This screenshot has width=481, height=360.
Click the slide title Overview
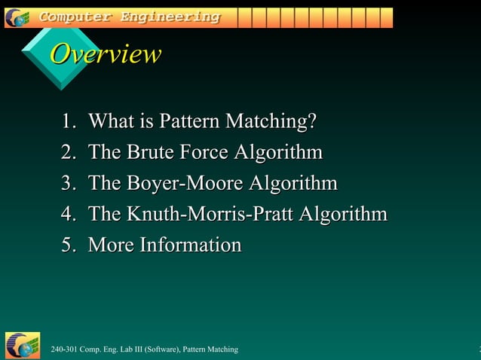pos(106,54)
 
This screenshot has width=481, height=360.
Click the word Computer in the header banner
pos(73,17)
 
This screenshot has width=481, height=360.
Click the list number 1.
pos(69,121)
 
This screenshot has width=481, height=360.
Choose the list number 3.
pos(69,183)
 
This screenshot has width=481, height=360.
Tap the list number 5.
pos(69,245)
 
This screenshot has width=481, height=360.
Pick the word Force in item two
pos(204,152)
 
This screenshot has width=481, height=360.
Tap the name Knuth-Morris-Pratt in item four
pos(210,214)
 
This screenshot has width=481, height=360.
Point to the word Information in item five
pos(191,245)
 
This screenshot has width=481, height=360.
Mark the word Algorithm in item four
pos(344,214)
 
